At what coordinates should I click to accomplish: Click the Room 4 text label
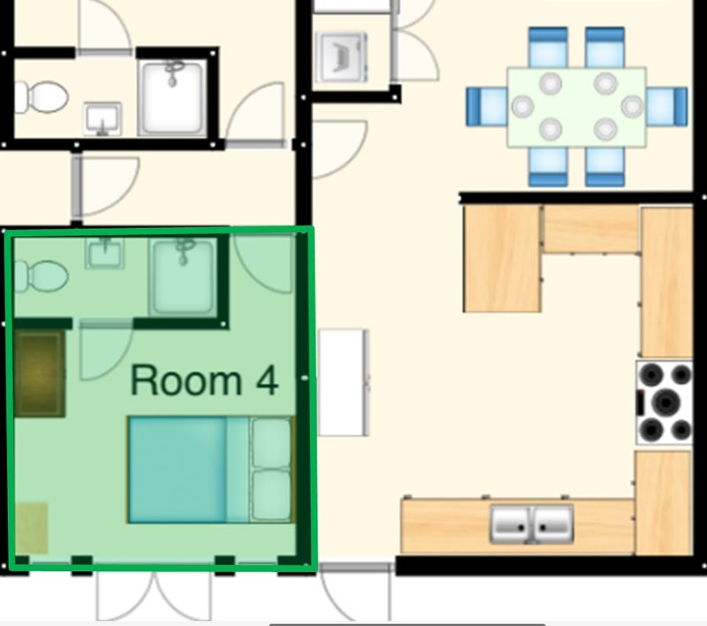[x=204, y=379]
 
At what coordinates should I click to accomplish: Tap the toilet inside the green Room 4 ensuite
[x=42, y=277]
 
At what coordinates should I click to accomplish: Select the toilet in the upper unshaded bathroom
[x=42, y=96]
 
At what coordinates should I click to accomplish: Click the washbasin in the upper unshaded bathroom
[x=103, y=119]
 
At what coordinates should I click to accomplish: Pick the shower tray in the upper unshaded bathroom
[x=172, y=98]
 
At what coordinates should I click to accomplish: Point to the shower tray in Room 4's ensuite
[x=183, y=276]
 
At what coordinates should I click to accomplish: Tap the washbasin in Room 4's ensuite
[x=104, y=254]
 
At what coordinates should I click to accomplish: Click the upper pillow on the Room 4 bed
[x=270, y=443]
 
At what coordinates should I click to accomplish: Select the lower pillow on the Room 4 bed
[x=270, y=495]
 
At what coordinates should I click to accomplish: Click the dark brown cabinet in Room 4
[x=40, y=373]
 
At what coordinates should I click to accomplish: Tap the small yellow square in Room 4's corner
[x=32, y=528]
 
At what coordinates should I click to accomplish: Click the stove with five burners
[x=665, y=401]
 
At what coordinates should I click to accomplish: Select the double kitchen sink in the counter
[x=532, y=524]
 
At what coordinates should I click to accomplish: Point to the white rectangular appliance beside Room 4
[x=344, y=383]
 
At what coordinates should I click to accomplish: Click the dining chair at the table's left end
[x=487, y=106]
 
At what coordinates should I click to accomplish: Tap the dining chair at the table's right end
[x=667, y=106]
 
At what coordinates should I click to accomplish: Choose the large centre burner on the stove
[x=666, y=401]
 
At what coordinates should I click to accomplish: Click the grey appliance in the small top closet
[x=341, y=57]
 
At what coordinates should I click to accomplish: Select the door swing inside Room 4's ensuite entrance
[x=106, y=350]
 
